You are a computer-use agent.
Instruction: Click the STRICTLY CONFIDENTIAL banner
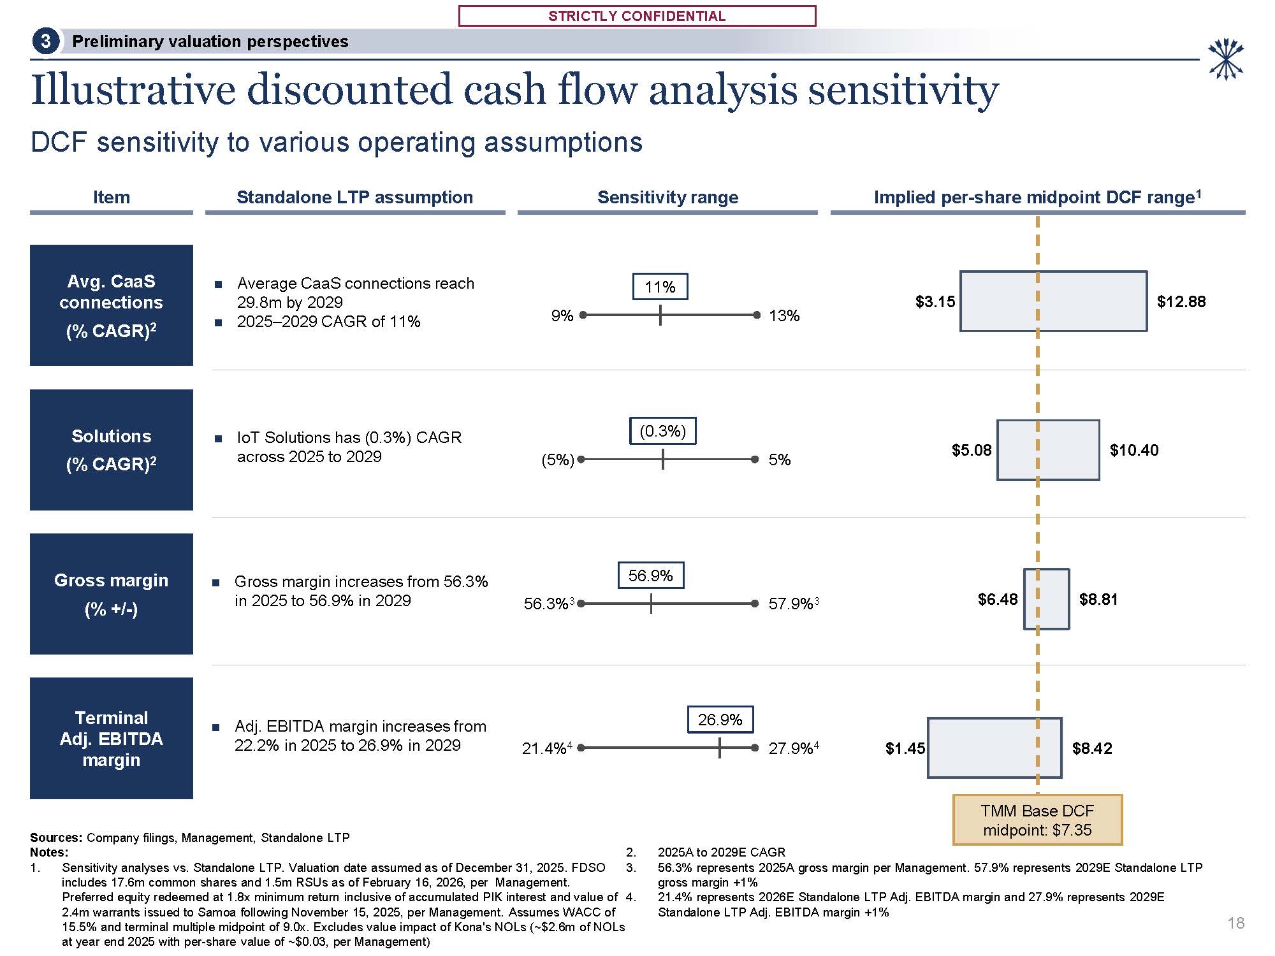(x=637, y=16)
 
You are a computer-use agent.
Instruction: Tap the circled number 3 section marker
(x=45, y=41)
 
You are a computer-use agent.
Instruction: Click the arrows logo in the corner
(x=1225, y=60)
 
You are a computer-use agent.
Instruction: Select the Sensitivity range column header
(x=667, y=198)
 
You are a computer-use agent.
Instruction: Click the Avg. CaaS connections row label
(x=112, y=305)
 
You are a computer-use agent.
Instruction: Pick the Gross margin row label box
(x=112, y=594)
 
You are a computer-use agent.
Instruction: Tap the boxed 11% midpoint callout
(x=660, y=287)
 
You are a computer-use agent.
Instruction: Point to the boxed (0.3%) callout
(x=662, y=431)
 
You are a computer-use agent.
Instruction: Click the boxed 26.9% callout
(x=720, y=720)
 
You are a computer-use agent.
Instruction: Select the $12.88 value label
(x=1181, y=302)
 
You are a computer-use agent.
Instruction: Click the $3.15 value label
(x=935, y=302)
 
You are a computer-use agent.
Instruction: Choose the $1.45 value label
(x=905, y=749)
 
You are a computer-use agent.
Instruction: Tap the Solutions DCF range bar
(x=1048, y=450)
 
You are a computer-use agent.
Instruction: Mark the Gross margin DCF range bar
(x=1046, y=599)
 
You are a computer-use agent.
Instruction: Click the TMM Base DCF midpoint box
(x=1037, y=820)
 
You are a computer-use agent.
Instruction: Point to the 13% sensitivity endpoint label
(x=784, y=316)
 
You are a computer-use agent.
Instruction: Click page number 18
(x=1235, y=923)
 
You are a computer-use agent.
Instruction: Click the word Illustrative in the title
(x=133, y=90)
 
